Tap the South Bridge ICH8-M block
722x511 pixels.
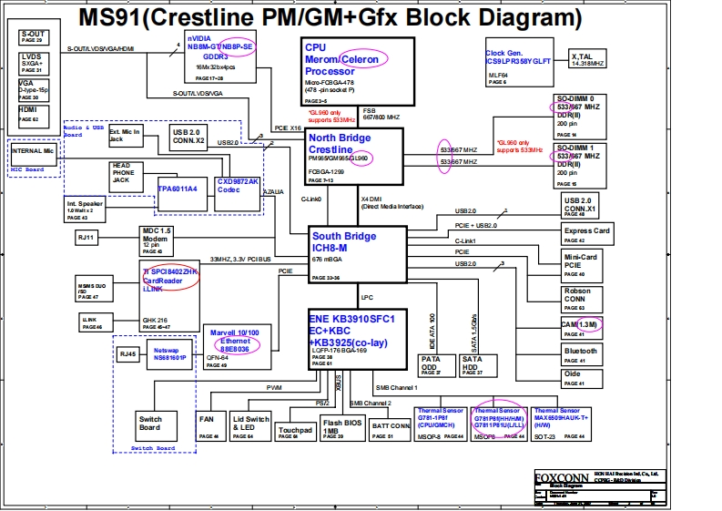[354, 252]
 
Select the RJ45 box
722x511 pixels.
[129, 354]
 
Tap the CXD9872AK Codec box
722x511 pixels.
[238, 189]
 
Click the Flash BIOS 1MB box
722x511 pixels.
[342, 426]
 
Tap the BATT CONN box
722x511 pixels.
[391, 426]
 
